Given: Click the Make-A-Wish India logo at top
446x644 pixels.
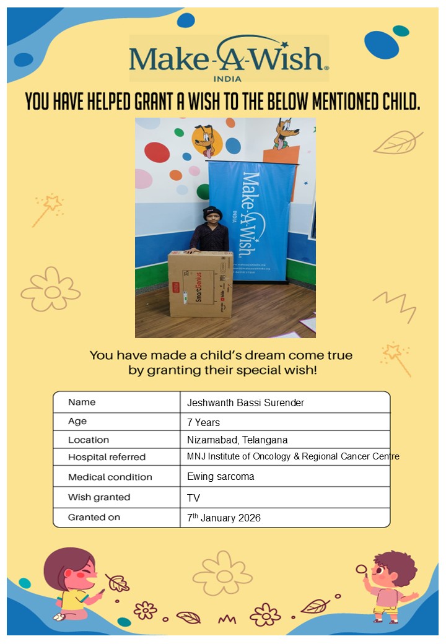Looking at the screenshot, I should (229, 58).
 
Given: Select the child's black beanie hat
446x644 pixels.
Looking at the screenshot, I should (212, 213).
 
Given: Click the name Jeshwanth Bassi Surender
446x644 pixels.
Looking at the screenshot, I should (245, 403).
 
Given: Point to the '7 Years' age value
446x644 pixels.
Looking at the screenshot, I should (203, 422).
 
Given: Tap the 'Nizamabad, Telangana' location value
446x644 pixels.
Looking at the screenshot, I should (237, 440).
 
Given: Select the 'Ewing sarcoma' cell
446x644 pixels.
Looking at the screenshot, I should (221, 477).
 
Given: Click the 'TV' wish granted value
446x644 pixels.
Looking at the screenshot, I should (193, 497).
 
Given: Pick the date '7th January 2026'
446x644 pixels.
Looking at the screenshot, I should (224, 518).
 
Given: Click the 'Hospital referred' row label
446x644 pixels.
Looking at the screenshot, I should (107, 457).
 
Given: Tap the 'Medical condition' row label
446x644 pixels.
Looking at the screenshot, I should (110, 477).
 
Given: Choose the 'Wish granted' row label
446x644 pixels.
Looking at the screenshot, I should (99, 497).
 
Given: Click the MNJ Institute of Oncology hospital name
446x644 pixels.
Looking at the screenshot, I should (293, 456).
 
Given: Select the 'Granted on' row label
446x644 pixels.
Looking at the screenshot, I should (94, 517).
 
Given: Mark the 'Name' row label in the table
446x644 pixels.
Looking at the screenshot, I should (82, 402).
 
